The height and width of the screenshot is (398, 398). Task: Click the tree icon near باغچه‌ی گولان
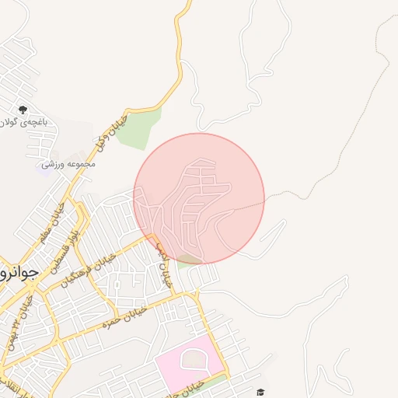click(23, 110)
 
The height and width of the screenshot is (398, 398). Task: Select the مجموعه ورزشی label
click(70, 164)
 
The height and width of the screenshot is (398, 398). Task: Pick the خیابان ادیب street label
click(162, 264)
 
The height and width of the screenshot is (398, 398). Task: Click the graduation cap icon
click(261, 391)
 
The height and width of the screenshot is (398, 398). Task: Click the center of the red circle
click(199, 198)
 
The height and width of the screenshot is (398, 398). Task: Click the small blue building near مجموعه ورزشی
click(45, 166)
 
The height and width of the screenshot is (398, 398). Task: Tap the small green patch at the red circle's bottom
click(187, 260)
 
